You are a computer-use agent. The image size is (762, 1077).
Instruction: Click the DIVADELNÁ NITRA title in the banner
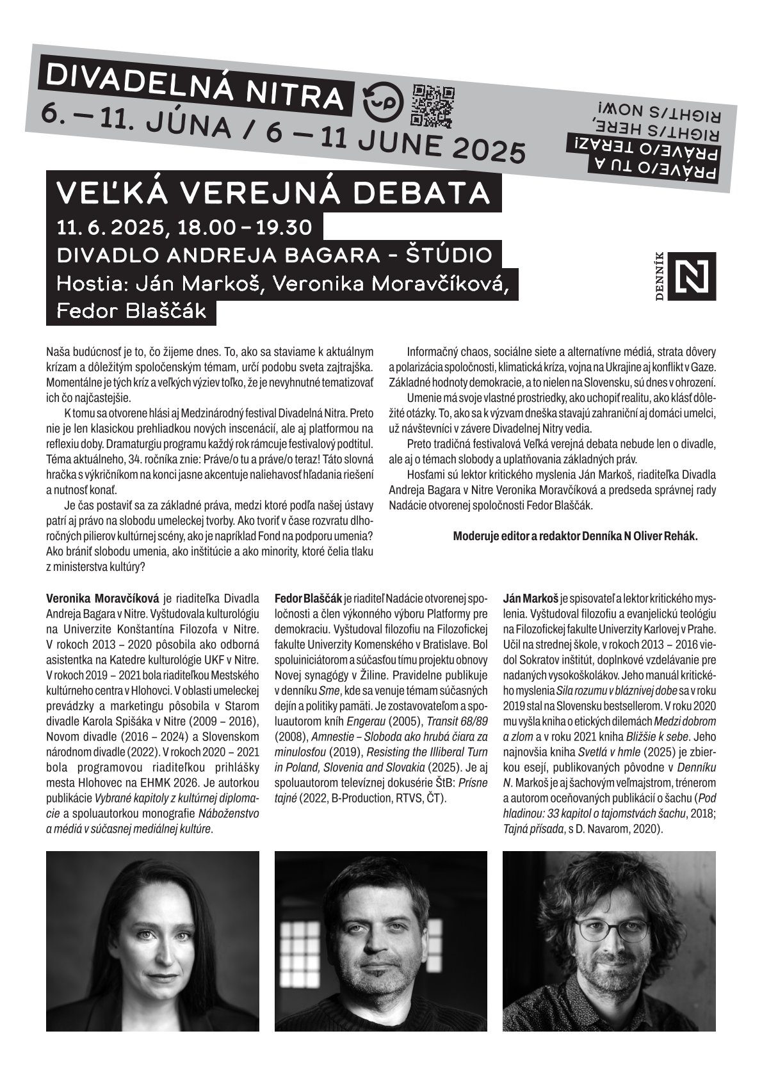(x=196, y=84)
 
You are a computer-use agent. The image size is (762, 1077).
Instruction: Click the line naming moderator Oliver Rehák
(x=575, y=537)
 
